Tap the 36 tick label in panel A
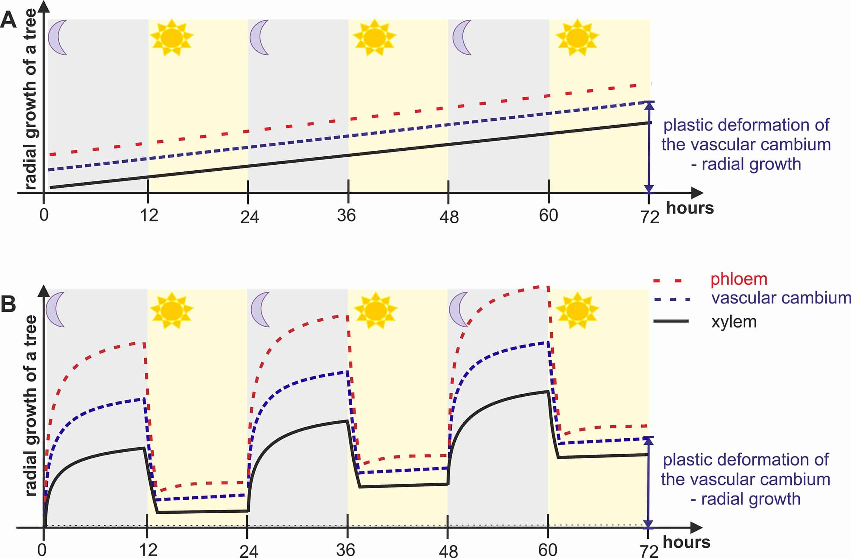pyautogui.click(x=346, y=215)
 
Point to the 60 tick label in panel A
pyautogui.click(x=548, y=215)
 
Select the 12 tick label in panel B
pyautogui.click(x=148, y=550)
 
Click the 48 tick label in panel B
pyautogui.click(x=448, y=551)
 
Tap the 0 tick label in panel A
pyautogui.click(x=44, y=215)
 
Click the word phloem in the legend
pyautogui.click(x=739, y=280)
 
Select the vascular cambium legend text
pyautogui.click(x=781, y=298)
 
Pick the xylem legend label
pyautogui.click(x=734, y=322)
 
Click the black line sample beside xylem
pyautogui.click(x=671, y=321)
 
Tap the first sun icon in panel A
pyautogui.click(x=172, y=37)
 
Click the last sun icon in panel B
pyautogui.click(x=577, y=310)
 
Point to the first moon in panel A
pyautogui.click(x=58, y=37)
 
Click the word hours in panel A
pyautogui.click(x=690, y=208)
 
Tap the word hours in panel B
pyautogui.click(x=687, y=542)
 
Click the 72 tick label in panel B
pyautogui.click(x=649, y=552)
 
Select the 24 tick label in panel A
pyautogui.click(x=249, y=217)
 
